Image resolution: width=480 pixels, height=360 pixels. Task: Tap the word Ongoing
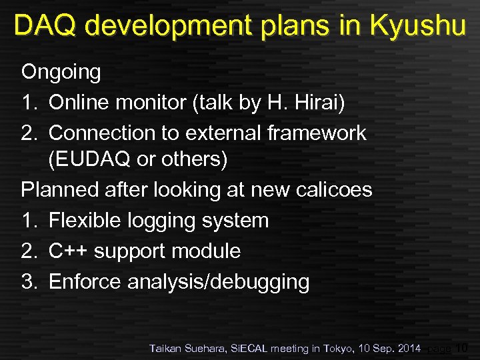61,72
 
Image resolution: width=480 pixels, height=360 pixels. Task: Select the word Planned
61,190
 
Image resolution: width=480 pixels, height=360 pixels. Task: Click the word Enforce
85,281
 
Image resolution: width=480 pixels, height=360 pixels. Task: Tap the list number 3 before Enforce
28,281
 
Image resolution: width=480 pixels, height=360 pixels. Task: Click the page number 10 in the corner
462,347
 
